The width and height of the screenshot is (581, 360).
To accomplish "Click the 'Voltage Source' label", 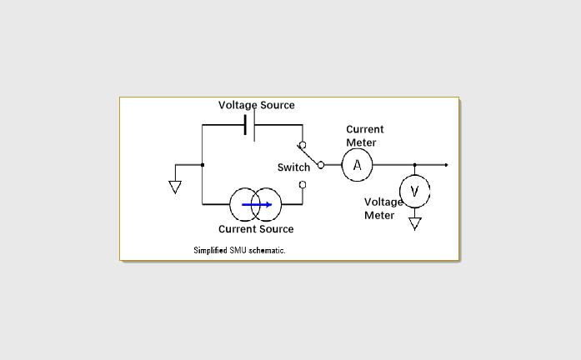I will pyautogui.click(x=256, y=105).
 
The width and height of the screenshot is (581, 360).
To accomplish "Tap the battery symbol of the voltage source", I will pyautogui.click(x=249, y=126).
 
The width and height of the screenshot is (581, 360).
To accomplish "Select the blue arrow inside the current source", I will pyautogui.click(x=257, y=203).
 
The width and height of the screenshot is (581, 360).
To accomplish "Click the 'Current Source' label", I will pyautogui.click(x=256, y=229).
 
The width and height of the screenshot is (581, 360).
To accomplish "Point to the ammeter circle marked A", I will pyautogui.click(x=357, y=165).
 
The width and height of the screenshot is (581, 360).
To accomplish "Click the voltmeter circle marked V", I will pyautogui.click(x=414, y=191).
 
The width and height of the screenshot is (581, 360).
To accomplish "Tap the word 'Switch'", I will pyautogui.click(x=293, y=167).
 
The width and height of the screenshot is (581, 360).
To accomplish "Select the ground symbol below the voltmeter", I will pyautogui.click(x=414, y=223).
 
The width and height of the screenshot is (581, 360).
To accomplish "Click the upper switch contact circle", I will pyautogui.click(x=302, y=145).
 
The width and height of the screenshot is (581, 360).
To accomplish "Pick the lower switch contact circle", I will pyautogui.click(x=302, y=184).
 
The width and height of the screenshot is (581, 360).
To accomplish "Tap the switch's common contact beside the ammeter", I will pyautogui.click(x=321, y=165).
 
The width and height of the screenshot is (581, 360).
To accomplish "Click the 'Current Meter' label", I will pyautogui.click(x=364, y=136).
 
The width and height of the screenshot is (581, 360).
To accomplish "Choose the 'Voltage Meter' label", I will pyautogui.click(x=383, y=208).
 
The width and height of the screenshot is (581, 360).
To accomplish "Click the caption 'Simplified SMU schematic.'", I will pyautogui.click(x=239, y=250).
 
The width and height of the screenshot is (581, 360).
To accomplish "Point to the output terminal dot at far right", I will pyautogui.click(x=447, y=165).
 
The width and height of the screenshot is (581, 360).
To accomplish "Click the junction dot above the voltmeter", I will pyautogui.click(x=414, y=165).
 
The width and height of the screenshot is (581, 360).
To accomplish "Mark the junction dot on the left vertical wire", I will pyautogui.click(x=203, y=165).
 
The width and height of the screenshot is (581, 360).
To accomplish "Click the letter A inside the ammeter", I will pyautogui.click(x=357, y=165).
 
